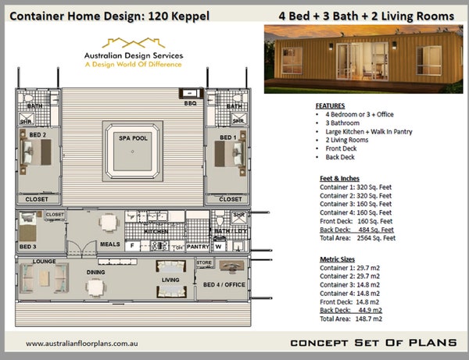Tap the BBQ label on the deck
click(x=189, y=102)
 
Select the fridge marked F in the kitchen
click(x=132, y=246)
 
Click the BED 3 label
click(x=28, y=247)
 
